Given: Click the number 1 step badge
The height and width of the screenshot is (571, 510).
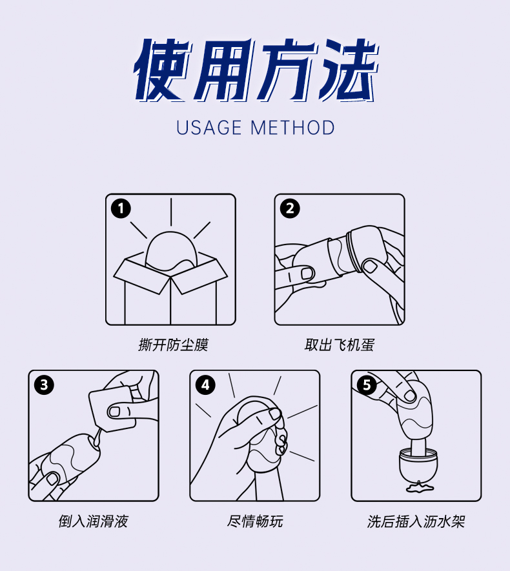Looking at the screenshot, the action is [x=121, y=208].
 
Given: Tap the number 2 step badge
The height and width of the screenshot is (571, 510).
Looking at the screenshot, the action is [x=290, y=208].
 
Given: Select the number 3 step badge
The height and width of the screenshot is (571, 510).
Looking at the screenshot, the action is [x=44, y=385].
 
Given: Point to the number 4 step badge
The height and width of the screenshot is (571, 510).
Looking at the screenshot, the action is [x=205, y=385].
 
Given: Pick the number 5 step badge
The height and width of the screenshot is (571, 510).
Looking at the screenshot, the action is [x=367, y=385].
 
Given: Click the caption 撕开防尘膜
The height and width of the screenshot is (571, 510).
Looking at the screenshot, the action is [x=173, y=345].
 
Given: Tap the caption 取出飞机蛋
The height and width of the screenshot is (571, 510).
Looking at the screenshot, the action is [x=340, y=345].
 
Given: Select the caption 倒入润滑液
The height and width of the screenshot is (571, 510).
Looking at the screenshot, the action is [x=93, y=521].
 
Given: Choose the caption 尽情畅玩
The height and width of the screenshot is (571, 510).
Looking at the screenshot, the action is [x=255, y=521].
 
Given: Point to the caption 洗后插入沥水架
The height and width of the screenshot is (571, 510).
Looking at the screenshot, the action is [x=416, y=521].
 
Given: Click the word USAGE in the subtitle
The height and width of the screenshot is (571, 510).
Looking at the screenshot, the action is [x=209, y=128].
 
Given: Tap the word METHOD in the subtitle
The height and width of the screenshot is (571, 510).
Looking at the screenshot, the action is [x=292, y=128].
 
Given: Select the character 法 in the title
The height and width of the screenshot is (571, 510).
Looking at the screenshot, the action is [x=349, y=69].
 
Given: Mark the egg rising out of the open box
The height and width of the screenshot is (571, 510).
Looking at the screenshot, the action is [x=172, y=251].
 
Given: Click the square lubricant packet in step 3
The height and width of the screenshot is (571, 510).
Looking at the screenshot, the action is [x=112, y=408].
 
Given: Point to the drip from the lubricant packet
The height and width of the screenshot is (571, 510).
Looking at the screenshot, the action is [x=97, y=437].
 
